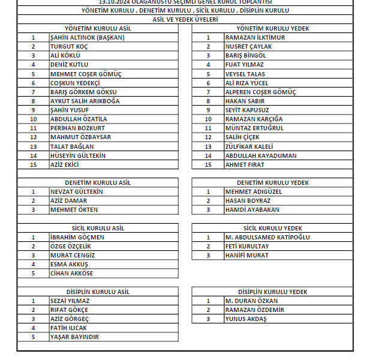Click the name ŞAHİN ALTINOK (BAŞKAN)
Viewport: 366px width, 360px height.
[x=87, y=37]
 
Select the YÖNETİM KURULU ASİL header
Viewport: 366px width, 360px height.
[x=98, y=28]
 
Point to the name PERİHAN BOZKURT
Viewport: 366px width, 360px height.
[x=77, y=128]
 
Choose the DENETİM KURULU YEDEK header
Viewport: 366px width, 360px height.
[x=272, y=182]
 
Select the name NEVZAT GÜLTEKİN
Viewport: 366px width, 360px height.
[x=77, y=191]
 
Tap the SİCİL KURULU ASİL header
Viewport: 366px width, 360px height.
[x=98, y=228]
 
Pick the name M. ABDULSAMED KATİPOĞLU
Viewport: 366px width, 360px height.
[x=267, y=237]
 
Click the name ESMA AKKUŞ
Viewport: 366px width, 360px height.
[x=69, y=264]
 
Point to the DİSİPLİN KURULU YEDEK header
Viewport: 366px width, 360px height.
[x=272, y=292]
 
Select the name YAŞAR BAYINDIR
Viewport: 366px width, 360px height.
[x=74, y=337]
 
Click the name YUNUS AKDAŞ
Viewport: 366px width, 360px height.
[x=245, y=319]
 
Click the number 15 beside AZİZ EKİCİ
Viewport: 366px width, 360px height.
[x=34, y=164]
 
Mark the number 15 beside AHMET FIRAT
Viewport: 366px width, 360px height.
[x=208, y=164]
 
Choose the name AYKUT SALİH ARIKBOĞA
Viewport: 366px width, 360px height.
[x=85, y=101]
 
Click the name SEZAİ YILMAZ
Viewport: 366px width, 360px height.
[x=70, y=301]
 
